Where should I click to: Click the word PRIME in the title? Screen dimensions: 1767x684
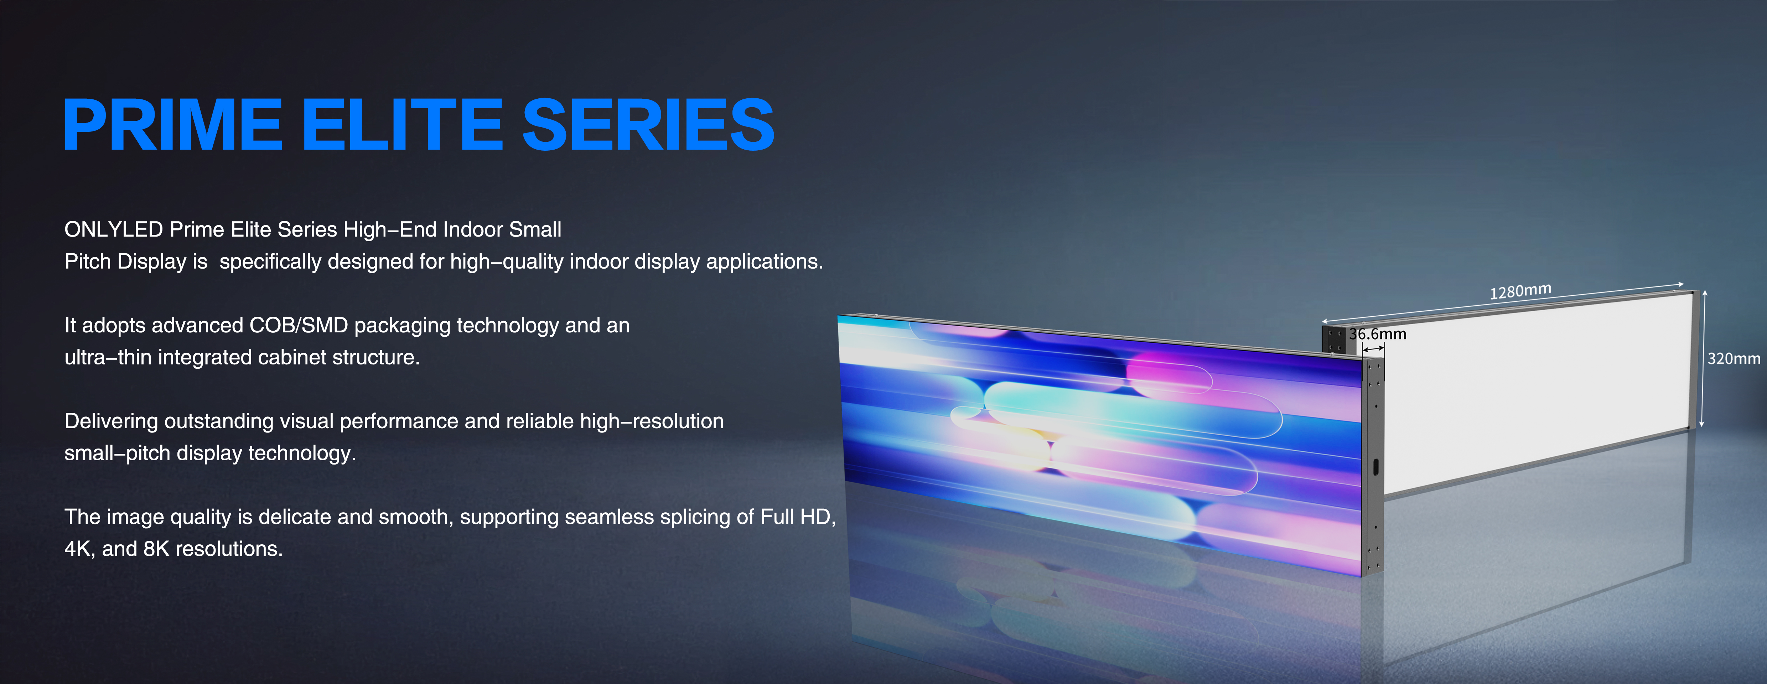point(172,124)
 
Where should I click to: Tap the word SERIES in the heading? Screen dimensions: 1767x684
point(648,124)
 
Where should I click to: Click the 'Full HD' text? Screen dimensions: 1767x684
point(796,517)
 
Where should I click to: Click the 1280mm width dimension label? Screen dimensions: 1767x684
point(1520,291)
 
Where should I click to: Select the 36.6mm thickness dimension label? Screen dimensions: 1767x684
point(1377,334)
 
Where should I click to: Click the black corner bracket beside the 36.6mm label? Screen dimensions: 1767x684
point(1334,340)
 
